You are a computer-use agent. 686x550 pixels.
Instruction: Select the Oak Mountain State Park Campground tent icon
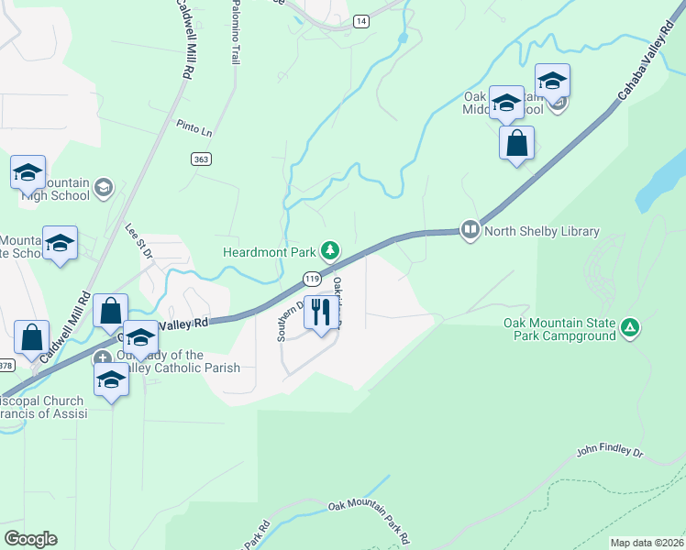629,327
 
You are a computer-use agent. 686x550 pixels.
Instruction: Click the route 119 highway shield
312,278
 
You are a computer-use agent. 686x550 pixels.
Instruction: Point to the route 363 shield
202,159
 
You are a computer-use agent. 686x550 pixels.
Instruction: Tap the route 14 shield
361,20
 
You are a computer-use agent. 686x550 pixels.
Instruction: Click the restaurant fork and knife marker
320,312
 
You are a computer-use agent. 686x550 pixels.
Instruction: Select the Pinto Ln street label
194,127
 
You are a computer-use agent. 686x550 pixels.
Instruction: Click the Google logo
30,539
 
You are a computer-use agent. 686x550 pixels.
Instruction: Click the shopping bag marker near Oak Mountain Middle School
517,143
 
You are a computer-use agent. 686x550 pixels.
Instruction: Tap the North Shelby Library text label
541,231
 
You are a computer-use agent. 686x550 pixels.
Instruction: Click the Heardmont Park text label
269,252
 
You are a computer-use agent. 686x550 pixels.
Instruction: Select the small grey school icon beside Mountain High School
104,188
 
